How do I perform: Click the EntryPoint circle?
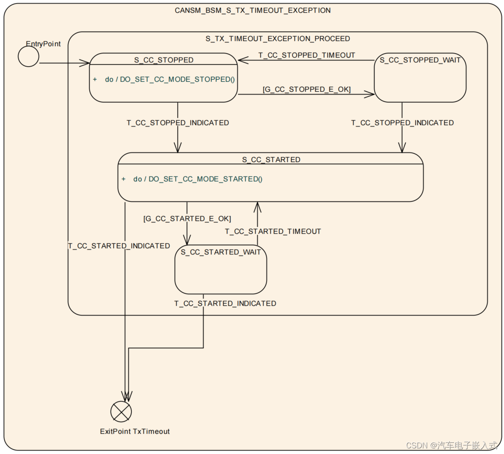(x=28, y=56)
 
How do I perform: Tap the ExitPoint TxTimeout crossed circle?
(x=121, y=411)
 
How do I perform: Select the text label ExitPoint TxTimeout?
(x=135, y=431)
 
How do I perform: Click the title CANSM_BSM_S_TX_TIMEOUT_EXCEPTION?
(x=253, y=10)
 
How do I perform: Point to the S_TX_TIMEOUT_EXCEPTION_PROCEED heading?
(x=278, y=39)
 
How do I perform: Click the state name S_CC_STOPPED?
(x=164, y=60)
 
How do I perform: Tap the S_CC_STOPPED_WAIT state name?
(x=420, y=60)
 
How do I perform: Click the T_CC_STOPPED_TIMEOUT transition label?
(x=307, y=55)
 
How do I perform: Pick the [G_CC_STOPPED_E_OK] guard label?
(x=307, y=89)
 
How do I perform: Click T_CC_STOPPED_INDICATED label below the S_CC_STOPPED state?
(x=178, y=123)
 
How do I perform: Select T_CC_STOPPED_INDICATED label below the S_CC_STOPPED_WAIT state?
(x=402, y=123)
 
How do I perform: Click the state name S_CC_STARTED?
(x=271, y=160)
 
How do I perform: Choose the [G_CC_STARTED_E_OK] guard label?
(x=187, y=219)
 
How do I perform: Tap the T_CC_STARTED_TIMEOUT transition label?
(x=273, y=232)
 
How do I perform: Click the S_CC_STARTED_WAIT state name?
(x=221, y=252)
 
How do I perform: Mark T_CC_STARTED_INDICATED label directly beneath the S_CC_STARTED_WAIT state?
(x=225, y=304)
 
